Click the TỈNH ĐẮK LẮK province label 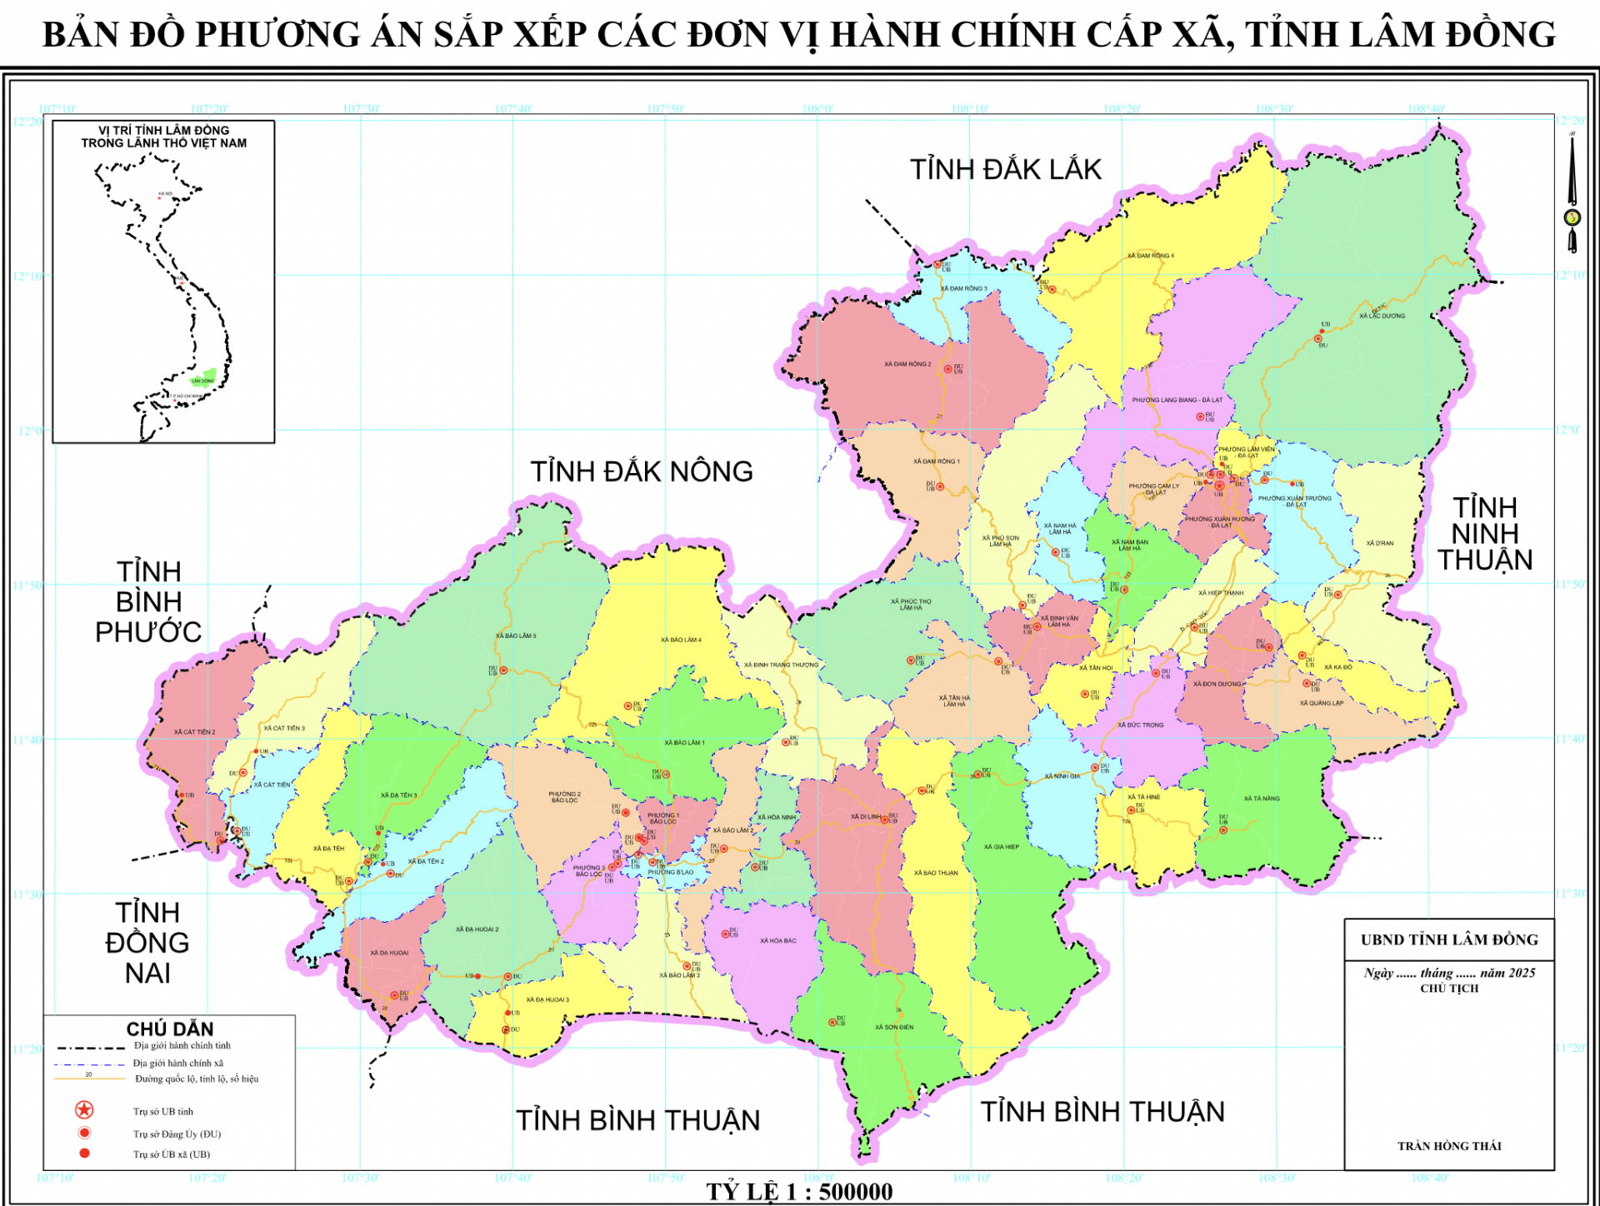[1005, 170]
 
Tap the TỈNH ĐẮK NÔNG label [642, 472]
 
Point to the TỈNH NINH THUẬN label [1484, 534]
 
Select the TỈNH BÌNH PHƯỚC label [148, 602]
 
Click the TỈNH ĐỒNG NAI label [147, 943]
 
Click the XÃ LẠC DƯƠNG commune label [1382, 316]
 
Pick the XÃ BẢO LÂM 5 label [516, 635]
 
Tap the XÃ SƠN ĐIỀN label [894, 1027]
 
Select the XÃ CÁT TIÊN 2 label [194, 732]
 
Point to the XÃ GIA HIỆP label [1001, 847]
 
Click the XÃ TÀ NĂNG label [1262, 799]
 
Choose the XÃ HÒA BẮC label [777, 940]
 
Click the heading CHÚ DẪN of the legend [170, 1029]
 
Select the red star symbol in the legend [84, 1110]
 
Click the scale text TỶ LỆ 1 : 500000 [799, 1192]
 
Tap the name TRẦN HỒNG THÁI [1449, 1146]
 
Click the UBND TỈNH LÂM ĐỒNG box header [1449, 939]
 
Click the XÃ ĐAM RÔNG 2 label [907, 364]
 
